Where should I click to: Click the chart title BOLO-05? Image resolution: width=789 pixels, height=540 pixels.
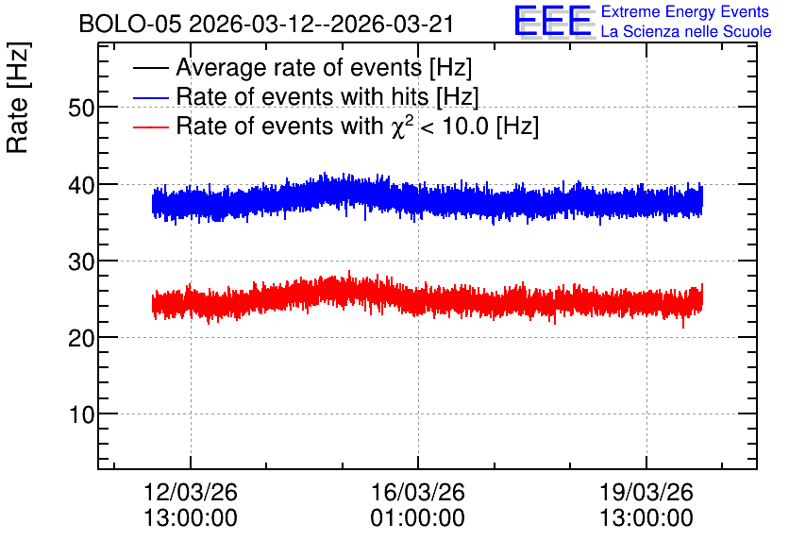point(130,25)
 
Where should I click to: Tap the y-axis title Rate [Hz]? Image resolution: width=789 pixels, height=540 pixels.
point(18,97)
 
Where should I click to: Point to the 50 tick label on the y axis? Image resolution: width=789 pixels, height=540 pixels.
point(81,108)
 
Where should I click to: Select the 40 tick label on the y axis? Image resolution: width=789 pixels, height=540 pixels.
point(81,185)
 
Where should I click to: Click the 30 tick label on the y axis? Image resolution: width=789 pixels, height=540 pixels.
point(81,262)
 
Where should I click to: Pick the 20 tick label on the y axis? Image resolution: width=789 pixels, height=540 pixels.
point(81,338)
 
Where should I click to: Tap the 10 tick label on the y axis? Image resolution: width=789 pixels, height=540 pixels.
point(81,415)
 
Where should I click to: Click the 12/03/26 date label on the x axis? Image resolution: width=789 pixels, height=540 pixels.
point(191,492)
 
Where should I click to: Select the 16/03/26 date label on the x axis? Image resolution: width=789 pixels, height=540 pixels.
point(418,492)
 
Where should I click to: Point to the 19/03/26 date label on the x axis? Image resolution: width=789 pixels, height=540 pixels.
point(646,492)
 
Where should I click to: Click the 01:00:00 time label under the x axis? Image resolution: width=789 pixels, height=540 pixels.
point(418,518)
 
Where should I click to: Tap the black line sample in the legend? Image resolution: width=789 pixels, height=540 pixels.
point(150,68)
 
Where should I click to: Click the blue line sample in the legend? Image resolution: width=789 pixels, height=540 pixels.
point(150,97)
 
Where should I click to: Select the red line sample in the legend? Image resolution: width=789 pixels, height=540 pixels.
point(150,127)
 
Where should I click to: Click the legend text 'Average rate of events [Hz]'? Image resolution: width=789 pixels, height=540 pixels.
point(324,68)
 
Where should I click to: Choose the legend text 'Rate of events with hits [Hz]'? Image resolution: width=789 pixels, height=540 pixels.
point(327,97)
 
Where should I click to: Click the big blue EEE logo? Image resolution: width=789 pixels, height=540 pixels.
point(553,21)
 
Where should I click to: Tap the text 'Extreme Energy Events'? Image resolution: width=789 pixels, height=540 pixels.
point(685,11)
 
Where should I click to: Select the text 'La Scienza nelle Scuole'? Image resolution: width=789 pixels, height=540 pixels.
point(686,32)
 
